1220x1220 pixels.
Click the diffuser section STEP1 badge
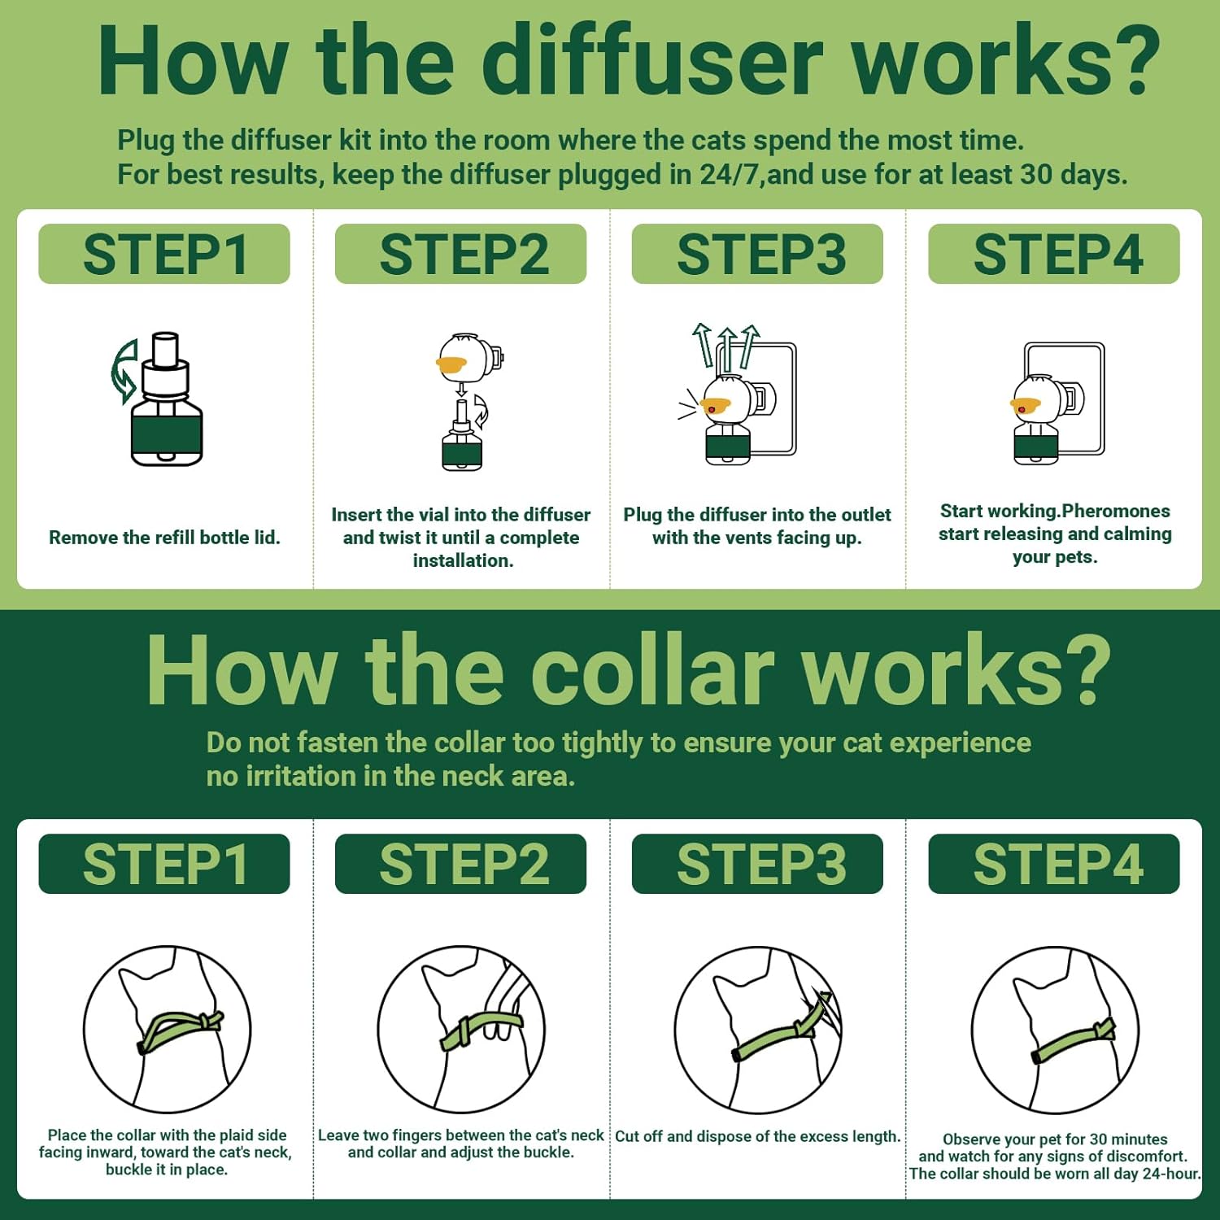164,254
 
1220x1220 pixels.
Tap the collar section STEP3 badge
757,864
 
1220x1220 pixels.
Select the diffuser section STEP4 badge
1054,254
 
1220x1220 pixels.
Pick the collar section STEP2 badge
460,864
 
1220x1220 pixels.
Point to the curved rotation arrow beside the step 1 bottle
124,372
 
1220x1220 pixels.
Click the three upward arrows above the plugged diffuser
726,345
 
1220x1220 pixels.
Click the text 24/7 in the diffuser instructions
730,175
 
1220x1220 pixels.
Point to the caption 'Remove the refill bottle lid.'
164,538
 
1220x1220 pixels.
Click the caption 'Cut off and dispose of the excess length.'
757,1136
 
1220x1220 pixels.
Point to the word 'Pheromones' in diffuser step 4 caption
1116,512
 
